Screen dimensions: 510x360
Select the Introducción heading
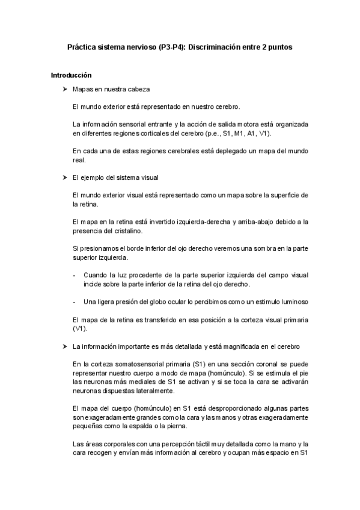tap(71, 76)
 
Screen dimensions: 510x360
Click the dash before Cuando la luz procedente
tap(73, 274)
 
